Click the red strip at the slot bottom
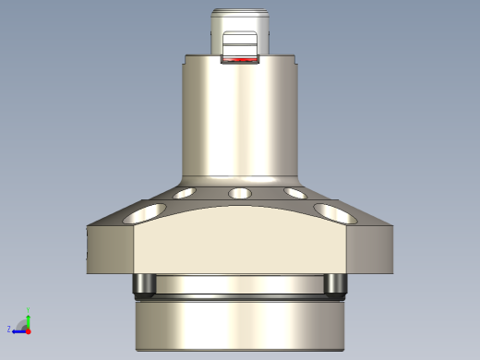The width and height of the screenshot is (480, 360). click(x=240, y=61)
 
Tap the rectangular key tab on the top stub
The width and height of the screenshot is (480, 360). click(x=240, y=43)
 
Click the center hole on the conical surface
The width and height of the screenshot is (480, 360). click(x=240, y=193)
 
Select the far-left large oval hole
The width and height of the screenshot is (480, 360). click(x=145, y=214)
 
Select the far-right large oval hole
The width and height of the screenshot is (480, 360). click(x=335, y=214)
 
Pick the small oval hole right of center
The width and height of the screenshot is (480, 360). click(x=295, y=194)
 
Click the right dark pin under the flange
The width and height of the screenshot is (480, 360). click(x=335, y=285)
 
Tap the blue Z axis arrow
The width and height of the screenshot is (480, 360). click(x=18, y=330)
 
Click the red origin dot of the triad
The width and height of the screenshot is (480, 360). click(x=28, y=330)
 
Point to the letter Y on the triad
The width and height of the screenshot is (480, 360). click(x=30, y=309)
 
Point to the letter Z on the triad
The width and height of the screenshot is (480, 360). click(x=9, y=329)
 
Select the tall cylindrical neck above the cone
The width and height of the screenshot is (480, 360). click(x=240, y=120)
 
